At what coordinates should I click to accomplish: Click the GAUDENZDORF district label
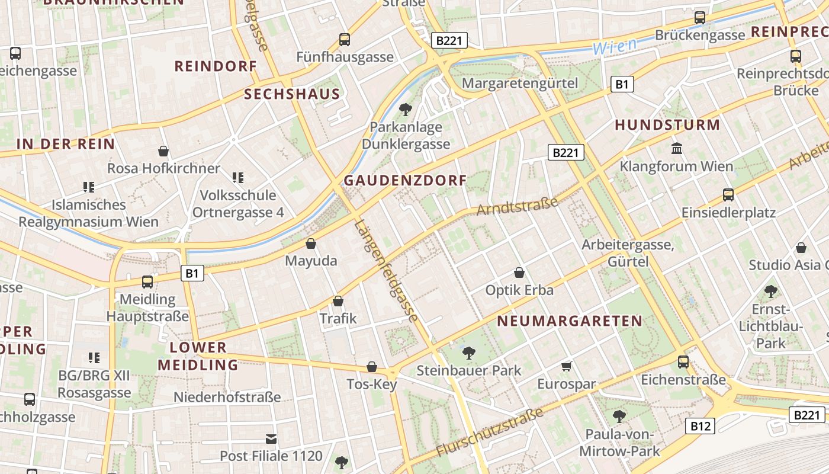pyautogui.click(x=405, y=181)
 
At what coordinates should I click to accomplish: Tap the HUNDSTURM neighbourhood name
pyautogui.click(x=667, y=125)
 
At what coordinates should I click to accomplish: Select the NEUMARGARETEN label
pyautogui.click(x=570, y=321)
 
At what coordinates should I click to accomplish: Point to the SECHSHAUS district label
pyautogui.click(x=292, y=94)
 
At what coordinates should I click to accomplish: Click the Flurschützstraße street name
pyautogui.click(x=490, y=432)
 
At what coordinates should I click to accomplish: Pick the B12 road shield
pyautogui.click(x=700, y=425)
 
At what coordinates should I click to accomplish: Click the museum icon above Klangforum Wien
pyautogui.click(x=676, y=148)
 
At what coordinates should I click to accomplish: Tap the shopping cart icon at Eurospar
pyautogui.click(x=566, y=366)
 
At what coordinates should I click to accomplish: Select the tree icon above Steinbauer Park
pyautogui.click(x=469, y=353)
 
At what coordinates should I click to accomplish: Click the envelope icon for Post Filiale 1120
pyautogui.click(x=271, y=438)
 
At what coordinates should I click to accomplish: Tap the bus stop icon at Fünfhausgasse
pyautogui.click(x=345, y=40)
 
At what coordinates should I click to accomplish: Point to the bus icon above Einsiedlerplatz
pyautogui.click(x=728, y=194)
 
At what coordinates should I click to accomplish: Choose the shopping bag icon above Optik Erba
pyautogui.click(x=519, y=273)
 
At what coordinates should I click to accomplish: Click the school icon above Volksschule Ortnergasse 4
pyautogui.click(x=238, y=177)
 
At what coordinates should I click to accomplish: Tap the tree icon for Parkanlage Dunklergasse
pyautogui.click(x=406, y=109)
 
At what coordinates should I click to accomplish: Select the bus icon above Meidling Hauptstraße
pyautogui.click(x=147, y=281)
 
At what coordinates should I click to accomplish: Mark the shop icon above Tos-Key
pyautogui.click(x=372, y=367)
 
